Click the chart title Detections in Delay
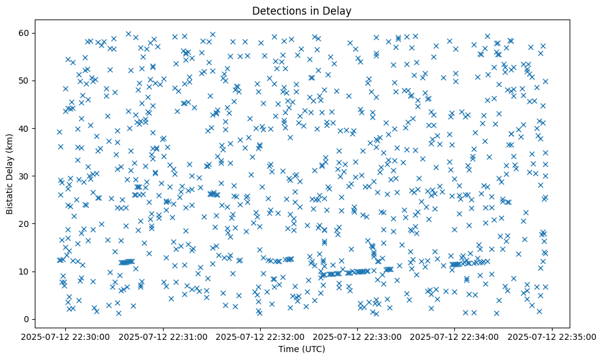(x=302, y=10)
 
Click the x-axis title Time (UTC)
(x=302, y=349)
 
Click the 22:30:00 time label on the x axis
(x=66, y=336)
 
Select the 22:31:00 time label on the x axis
(x=164, y=336)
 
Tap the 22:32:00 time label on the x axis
(x=261, y=336)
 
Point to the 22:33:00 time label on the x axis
(x=358, y=336)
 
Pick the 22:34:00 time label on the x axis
(x=455, y=336)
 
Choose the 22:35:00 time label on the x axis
(x=552, y=336)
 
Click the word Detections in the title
(x=278, y=10)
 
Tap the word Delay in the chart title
(x=339, y=10)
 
